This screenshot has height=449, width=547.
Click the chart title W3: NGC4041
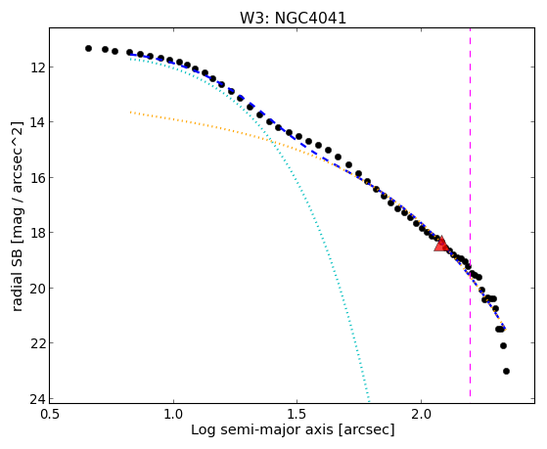[x=293, y=18]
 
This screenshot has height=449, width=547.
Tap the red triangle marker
[x=441, y=245]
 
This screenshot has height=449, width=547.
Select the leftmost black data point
[x=89, y=48]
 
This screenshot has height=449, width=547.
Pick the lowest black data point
[x=506, y=371]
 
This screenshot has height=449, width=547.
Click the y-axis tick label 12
[x=36, y=67]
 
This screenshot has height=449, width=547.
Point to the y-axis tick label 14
[x=36, y=121]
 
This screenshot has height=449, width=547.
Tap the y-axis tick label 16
[x=36, y=177]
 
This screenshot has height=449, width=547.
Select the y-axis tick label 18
[x=36, y=233]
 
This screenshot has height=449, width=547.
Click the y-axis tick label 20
[x=36, y=288]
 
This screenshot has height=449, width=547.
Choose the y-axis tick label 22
[x=36, y=343]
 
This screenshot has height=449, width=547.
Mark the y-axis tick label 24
[x=36, y=398]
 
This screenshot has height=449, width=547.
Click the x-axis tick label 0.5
[x=50, y=414]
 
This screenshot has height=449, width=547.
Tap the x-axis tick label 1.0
[x=173, y=414]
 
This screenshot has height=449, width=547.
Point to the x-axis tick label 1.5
[x=296, y=414]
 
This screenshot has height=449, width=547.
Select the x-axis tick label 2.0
[x=421, y=414]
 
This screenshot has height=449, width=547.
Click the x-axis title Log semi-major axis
[x=262, y=429]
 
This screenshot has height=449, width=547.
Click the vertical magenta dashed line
[x=471, y=212]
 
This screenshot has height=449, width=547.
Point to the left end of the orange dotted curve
[x=130, y=112]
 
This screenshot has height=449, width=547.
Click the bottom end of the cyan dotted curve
[x=368, y=399]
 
